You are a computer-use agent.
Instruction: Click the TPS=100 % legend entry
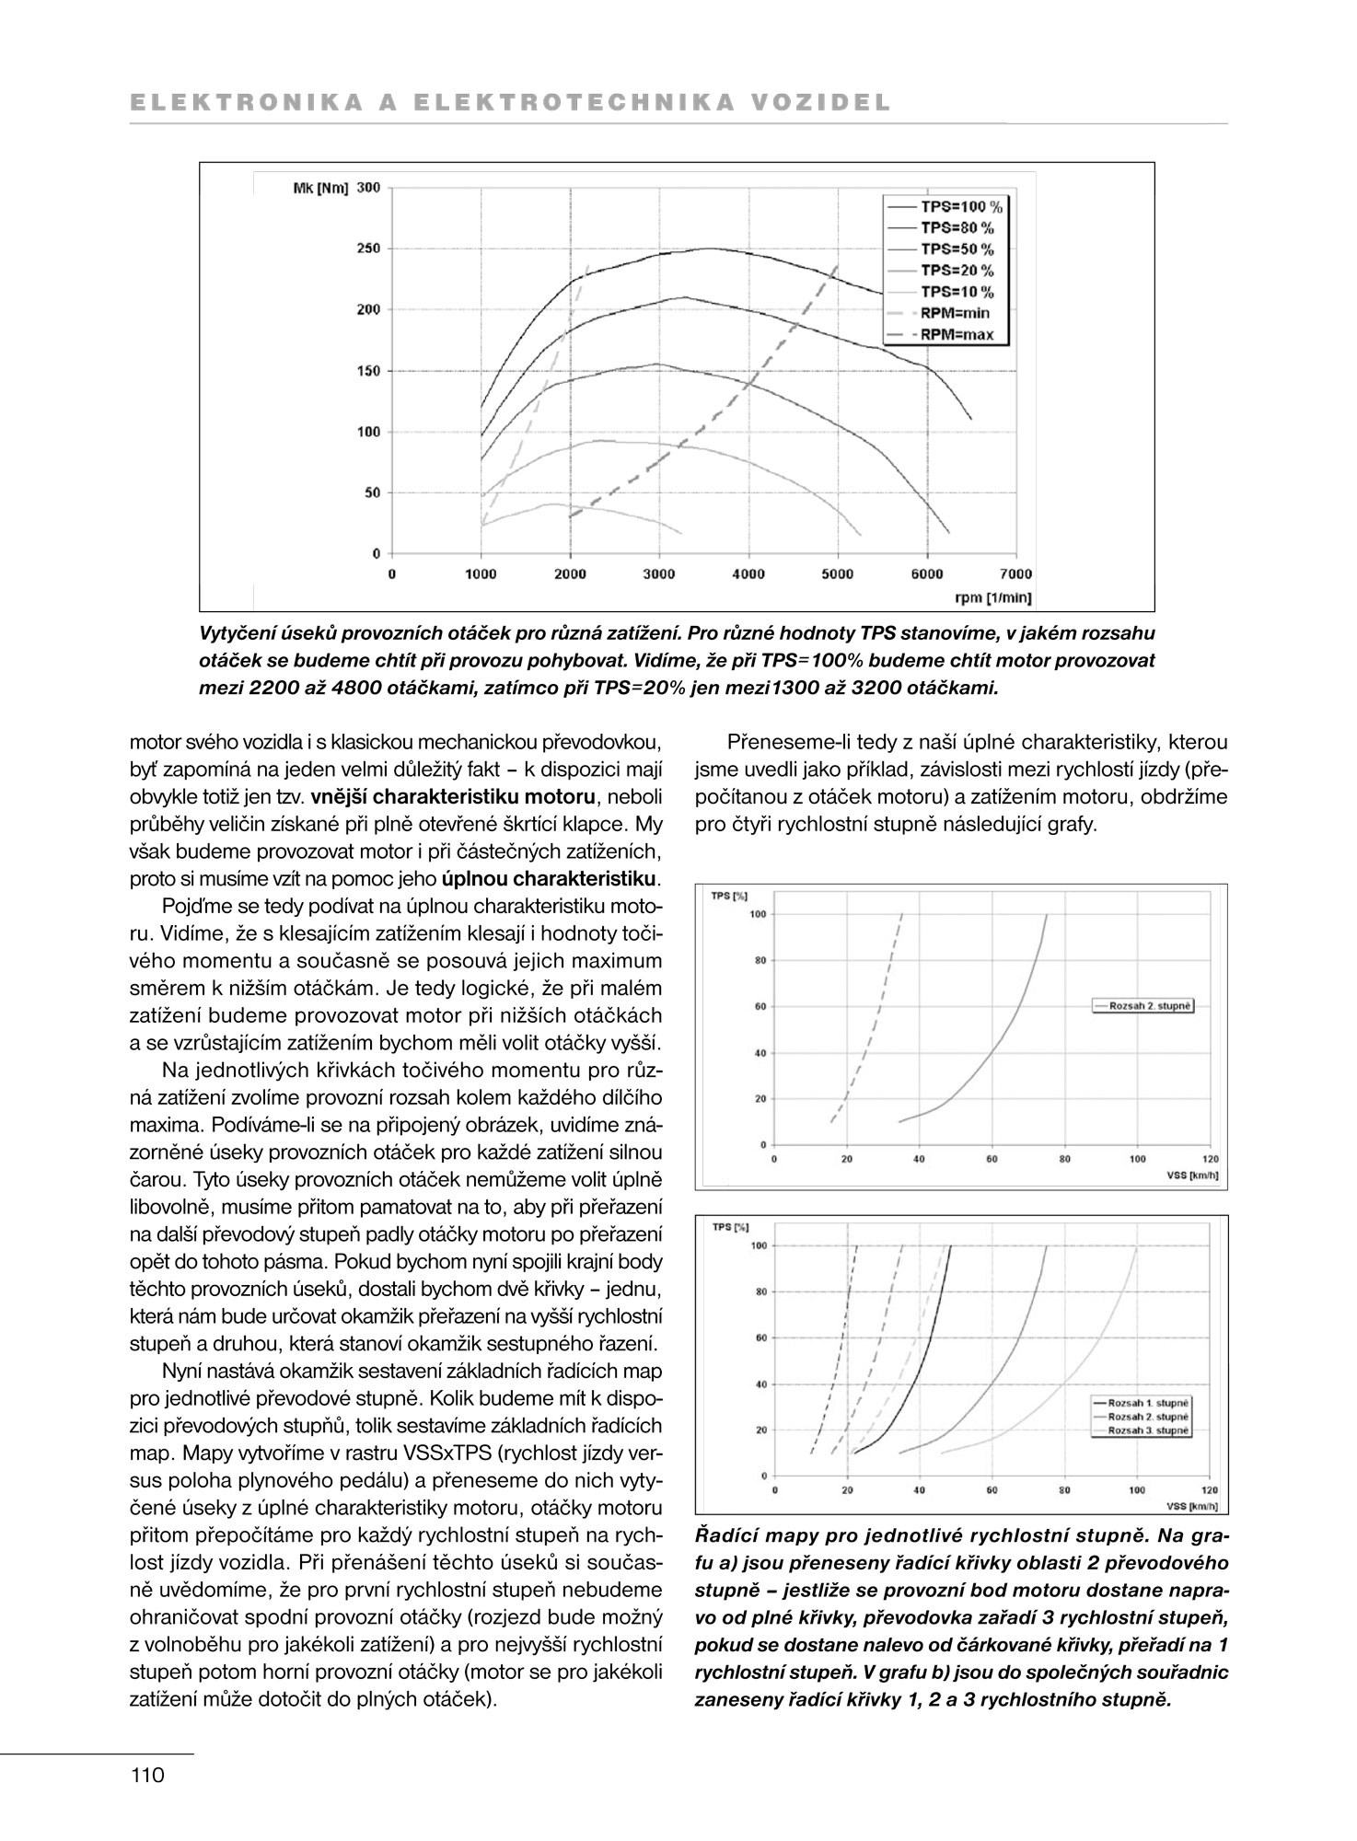(960, 206)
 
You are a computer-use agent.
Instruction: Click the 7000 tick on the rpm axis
(1016, 574)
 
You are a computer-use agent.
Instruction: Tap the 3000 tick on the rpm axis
(659, 574)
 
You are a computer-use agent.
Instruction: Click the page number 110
(147, 1775)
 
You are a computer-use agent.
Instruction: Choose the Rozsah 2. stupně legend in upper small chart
(1150, 1006)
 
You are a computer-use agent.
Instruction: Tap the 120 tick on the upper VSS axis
(1210, 1159)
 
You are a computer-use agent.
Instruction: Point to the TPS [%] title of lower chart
(730, 1227)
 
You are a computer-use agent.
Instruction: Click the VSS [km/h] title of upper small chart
(1192, 1175)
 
